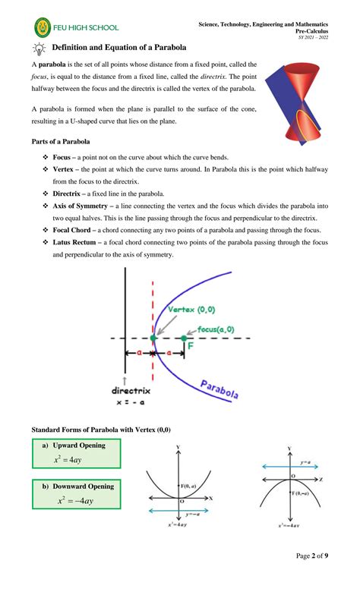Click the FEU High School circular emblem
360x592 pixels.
click(x=44, y=29)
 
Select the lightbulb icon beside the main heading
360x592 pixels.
click(x=38, y=49)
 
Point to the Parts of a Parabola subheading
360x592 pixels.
click(x=61, y=141)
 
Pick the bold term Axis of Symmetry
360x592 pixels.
click(x=87, y=206)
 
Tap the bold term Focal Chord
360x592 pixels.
click(x=78, y=229)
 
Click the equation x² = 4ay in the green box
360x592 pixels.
click(x=74, y=459)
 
